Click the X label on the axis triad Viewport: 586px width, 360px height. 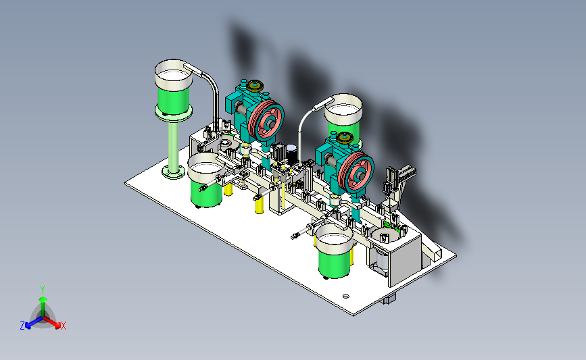63,326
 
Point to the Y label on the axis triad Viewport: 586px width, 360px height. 43,290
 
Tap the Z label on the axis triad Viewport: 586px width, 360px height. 22,326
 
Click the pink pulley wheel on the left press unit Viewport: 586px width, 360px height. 266,121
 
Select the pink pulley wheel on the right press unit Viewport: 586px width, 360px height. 356,173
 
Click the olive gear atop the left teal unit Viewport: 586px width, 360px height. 255,86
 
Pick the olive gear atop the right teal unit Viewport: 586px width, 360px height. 345,138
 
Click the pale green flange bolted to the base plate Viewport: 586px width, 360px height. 174,172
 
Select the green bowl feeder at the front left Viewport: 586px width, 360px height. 206,180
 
